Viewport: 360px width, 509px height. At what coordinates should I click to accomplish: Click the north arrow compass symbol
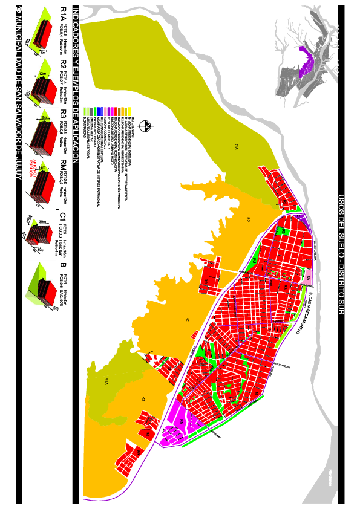point(145,126)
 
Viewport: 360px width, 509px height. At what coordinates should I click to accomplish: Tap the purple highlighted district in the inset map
point(307,60)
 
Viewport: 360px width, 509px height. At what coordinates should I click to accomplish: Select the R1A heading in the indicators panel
point(62,15)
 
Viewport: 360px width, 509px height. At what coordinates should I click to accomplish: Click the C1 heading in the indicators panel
point(62,215)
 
